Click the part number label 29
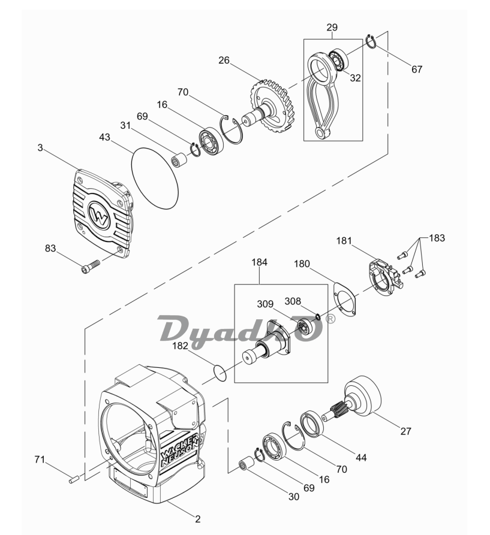click(332, 28)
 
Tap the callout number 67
click(417, 69)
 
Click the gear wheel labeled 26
click(272, 107)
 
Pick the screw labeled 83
click(91, 266)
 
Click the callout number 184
click(260, 262)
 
